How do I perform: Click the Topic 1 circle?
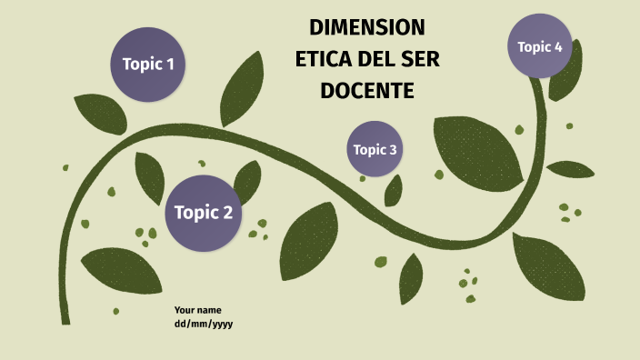[x=148, y=64]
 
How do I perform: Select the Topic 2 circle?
[x=203, y=213]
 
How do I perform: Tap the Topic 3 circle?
[x=375, y=149]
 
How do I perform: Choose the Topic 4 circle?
[x=540, y=46]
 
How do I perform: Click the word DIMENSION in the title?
[x=366, y=25]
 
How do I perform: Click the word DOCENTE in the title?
[x=366, y=91]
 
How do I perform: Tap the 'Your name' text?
[x=197, y=310]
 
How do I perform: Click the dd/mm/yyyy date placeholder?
[x=204, y=324]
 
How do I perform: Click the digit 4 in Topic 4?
[x=558, y=46]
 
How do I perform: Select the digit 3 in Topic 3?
[x=392, y=149]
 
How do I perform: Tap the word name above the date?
[x=209, y=310]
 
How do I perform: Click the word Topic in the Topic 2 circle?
[x=195, y=213]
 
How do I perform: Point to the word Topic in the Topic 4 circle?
[x=534, y=46]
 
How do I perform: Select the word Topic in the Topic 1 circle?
[x=141, y=64]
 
